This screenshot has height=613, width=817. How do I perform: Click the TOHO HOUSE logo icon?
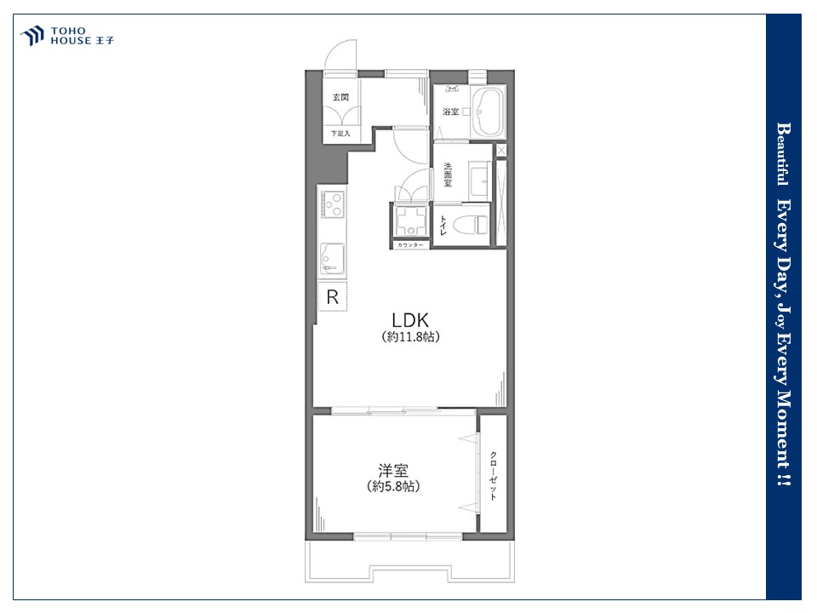31,36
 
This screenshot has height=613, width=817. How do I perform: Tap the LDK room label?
410,320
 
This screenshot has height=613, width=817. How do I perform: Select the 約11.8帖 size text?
410,337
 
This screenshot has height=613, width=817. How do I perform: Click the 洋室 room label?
393,471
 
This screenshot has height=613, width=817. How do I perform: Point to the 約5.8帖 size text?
393,486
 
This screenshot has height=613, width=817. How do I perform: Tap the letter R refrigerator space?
333,296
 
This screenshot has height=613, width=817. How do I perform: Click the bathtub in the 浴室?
488,112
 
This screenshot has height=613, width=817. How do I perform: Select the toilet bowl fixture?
471,225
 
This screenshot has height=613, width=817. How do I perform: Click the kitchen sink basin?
332,259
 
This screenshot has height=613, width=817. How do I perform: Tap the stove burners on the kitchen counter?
333,204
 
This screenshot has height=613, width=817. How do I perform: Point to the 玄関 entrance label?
340,97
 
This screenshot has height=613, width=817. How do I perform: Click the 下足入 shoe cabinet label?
340,134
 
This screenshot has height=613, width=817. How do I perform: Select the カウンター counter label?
410,245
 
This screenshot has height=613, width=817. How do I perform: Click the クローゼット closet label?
493,476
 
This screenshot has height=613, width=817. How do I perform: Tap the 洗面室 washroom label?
448,175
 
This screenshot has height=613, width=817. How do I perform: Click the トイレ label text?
443,225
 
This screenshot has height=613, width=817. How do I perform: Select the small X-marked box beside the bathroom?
501,151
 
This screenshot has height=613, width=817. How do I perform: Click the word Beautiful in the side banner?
783,154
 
